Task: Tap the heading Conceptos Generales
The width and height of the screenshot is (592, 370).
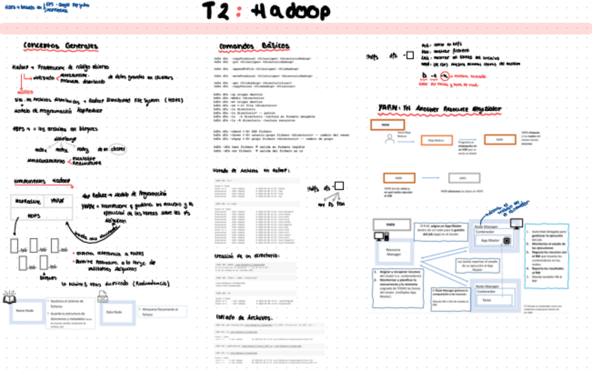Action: click(x=61, y=46)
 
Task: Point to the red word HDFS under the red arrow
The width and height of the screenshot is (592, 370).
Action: click(x=25, y=91)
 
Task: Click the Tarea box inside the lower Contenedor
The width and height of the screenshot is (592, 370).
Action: click(x=488, y=300)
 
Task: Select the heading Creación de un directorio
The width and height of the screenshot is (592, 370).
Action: click(x=242, y=256)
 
